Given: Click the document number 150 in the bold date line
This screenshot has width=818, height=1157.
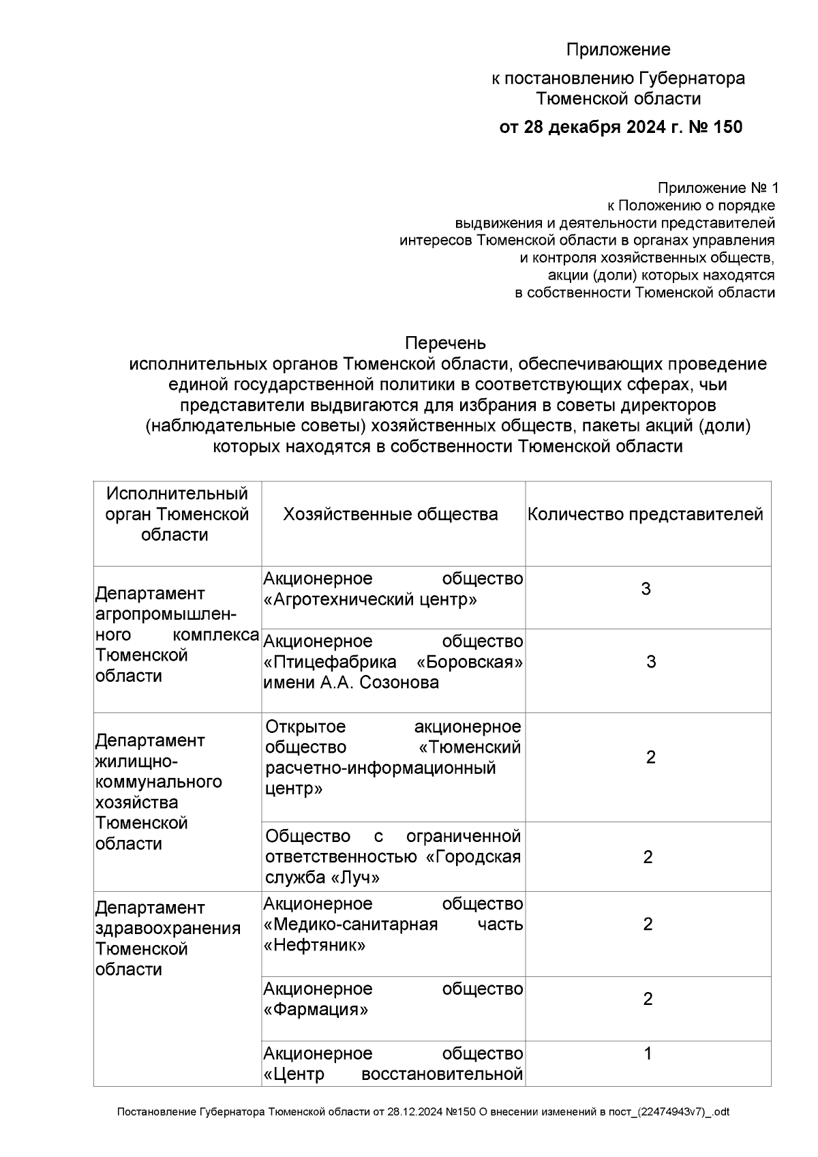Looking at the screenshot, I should click(x=727, y=127).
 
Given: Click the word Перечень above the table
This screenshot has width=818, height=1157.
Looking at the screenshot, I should click(x=445, y=342).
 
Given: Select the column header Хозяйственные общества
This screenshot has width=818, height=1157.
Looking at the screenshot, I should click(x=391, y=514).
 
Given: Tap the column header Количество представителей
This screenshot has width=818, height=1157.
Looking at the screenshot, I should click(x=645, y=514).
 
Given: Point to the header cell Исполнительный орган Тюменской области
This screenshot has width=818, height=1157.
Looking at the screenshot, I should click(x=177, y=514).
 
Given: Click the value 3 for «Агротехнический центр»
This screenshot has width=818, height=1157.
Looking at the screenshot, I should click(x=646, y=589).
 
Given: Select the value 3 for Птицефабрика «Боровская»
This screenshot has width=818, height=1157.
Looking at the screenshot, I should click(x=650, y=661).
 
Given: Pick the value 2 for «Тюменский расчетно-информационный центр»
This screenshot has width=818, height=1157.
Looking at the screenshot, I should click(x=650, y=757).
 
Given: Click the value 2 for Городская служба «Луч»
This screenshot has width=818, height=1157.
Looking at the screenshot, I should click(x=648, y=856).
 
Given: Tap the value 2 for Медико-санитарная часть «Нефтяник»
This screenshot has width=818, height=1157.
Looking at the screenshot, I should click(x=648, y=924).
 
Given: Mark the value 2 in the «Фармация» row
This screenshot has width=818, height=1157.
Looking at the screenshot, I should click(x=648, y=999).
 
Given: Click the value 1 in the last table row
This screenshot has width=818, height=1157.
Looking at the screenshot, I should click(x=648, y=1054).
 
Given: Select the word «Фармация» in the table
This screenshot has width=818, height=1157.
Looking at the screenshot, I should click(x=316, y=1010).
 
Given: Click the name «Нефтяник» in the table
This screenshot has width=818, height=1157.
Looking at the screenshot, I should click(x=314, y=946).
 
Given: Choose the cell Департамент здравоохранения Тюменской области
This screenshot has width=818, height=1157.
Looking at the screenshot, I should click(x=168, y=938).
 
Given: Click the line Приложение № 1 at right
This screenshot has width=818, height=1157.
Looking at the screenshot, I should click(x=717, y=188).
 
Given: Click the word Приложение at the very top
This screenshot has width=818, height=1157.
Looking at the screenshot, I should click(x=618, y=50).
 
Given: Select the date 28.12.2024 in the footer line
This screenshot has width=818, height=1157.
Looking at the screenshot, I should click(x=414, y=1112).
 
